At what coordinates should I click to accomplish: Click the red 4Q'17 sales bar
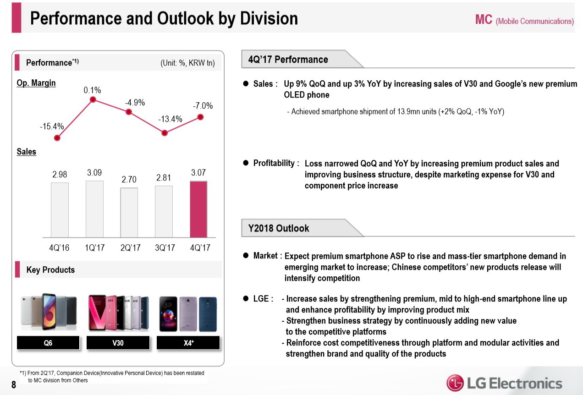[x=198, y=209]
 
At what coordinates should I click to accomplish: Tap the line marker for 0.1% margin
[x=93, y=100]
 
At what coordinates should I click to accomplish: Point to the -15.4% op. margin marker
[x=57, y=137]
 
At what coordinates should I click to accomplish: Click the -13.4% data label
[x=170, y=120]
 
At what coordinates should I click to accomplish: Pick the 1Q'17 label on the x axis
[x=95, y=248]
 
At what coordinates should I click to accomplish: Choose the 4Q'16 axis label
[x=59, y=248]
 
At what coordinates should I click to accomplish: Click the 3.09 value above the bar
[x=94, y=173]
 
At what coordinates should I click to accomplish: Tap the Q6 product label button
[x=48, y=343]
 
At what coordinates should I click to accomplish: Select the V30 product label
[x=118, y=343]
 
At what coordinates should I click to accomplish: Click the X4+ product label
[x=188, y=343]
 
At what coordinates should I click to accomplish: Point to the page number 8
[x=14, y=384]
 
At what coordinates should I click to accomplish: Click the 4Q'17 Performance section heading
[x=288, y=60]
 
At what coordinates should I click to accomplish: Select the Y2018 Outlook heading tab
[x=279, y=228]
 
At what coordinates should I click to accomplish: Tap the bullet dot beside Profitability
[x=245, y=163]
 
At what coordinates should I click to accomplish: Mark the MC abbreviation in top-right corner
[x=484, y=20]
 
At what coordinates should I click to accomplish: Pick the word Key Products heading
[x=50, y=270]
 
